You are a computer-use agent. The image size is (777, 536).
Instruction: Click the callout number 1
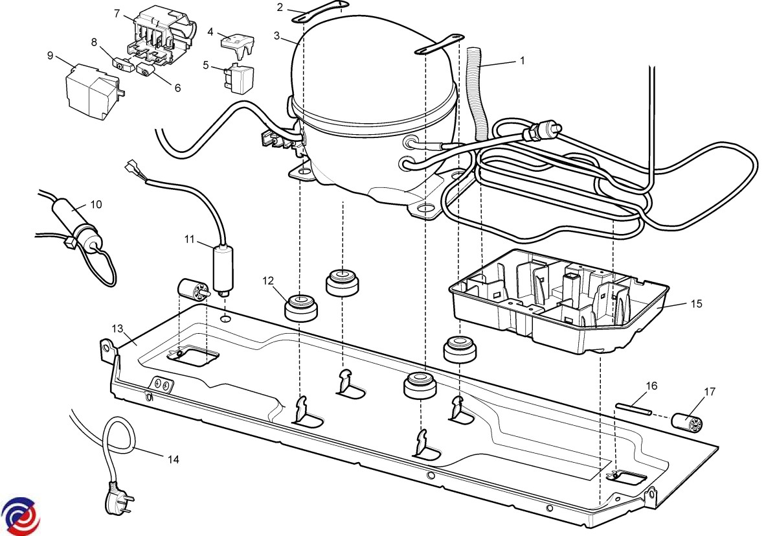coord(522,60)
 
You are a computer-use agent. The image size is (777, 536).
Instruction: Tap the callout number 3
coord(276,36)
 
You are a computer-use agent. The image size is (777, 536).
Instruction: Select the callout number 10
coord(96,205)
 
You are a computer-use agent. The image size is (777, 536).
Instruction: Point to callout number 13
coord(117,328)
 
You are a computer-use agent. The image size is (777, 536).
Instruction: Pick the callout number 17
coord(710,391)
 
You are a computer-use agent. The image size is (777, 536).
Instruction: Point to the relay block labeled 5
coord(239,77)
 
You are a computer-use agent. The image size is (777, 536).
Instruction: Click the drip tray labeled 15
coord(557,301)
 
